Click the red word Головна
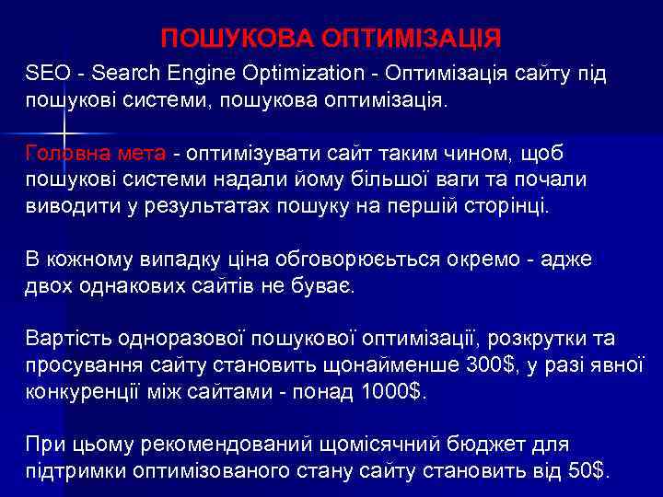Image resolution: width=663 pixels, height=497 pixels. [x=67, y=152]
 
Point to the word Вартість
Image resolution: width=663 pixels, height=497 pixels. [x=68, y=338]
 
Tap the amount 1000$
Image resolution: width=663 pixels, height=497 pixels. [x=391, y=390]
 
